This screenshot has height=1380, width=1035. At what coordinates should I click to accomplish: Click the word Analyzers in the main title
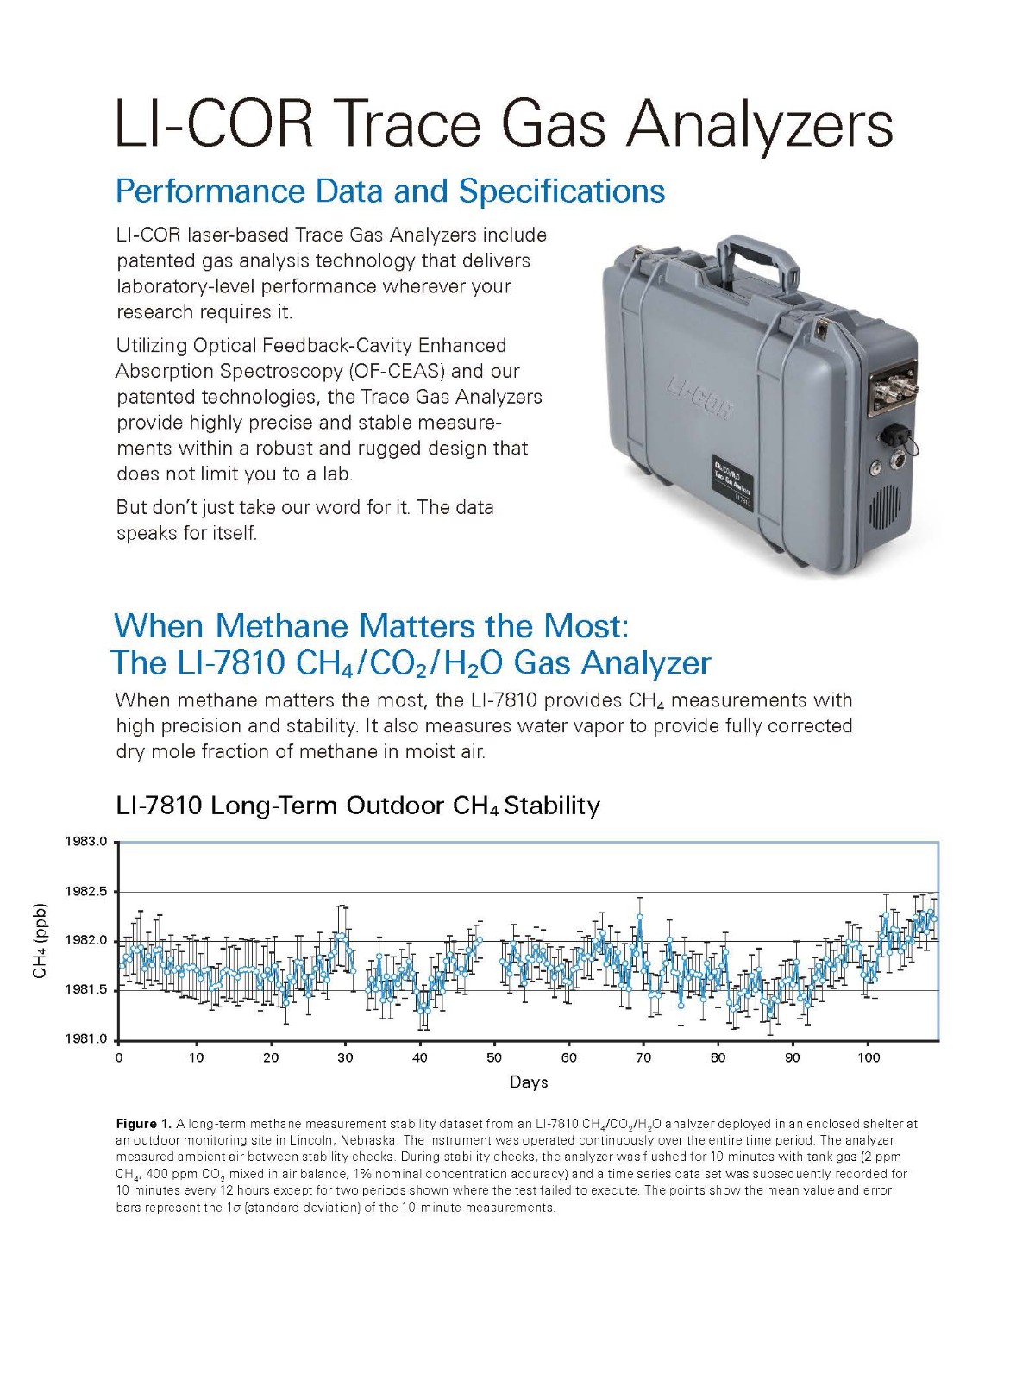click(760, 125)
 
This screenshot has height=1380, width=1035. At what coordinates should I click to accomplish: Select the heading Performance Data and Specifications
click(390, 191)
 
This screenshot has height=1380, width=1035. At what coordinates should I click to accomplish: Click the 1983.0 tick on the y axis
click(87, 842)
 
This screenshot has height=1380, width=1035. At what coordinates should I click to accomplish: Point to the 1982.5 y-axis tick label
click(87, 891)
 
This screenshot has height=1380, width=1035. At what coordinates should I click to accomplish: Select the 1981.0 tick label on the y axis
click(87, 1039)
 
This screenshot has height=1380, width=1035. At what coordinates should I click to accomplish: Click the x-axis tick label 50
click(494, 1058)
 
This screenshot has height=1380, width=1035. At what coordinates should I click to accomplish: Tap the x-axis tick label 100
click(869, 1058)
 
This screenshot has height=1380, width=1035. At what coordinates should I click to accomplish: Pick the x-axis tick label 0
click(119, 1058)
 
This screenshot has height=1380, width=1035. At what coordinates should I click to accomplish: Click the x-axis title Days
click(529, 1082)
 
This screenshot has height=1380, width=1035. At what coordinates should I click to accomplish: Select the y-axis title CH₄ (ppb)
click(40, 940)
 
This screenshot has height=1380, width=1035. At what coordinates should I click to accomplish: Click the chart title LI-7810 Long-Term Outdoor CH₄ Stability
click(358, 806)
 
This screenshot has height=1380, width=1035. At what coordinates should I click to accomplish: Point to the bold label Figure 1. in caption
click(143, 1124)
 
